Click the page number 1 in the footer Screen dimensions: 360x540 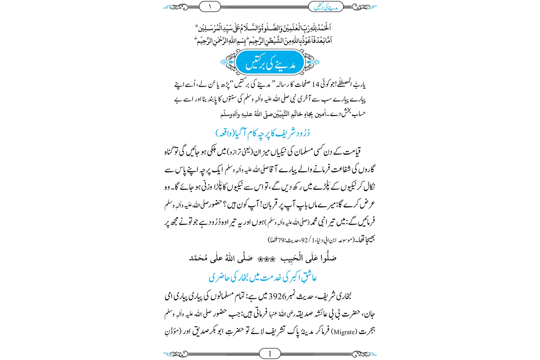pyautogui.click(x=270, y=354)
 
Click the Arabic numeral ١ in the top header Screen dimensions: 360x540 pyautogui.click(x=210, y=6)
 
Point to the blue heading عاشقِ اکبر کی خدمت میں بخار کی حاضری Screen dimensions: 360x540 pyautogui.click(x=263, y=278)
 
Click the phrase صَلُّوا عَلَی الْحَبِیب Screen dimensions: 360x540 pyautogui.click(x=309, y=258)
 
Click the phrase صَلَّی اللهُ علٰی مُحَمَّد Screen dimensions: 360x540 pyautogui.click(x=221, y=258)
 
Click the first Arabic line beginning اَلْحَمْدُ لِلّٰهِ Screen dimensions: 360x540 pyautogui.click(x=263, y=28)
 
